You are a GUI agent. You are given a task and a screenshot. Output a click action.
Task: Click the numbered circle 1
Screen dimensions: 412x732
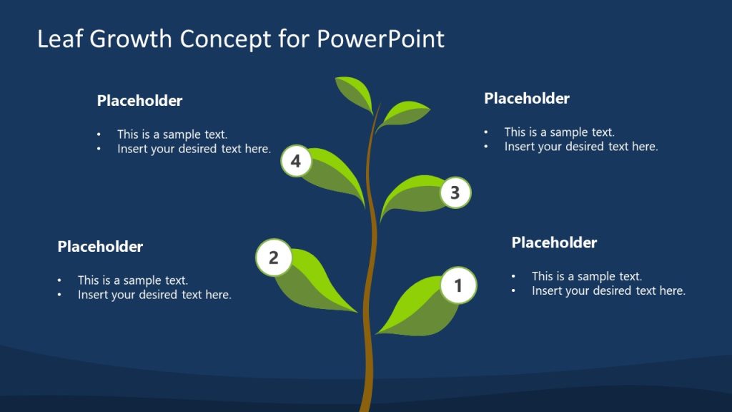[458, 285]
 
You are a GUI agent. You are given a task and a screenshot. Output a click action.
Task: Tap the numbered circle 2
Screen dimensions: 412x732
[274, 257]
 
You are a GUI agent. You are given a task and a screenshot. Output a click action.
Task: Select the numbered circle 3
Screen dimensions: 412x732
[455, 192]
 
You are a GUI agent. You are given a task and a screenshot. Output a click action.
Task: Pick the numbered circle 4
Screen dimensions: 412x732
[296, 161]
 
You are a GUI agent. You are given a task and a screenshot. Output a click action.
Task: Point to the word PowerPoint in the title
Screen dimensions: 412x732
[380, 39]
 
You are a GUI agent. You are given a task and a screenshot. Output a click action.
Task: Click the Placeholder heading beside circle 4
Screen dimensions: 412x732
[139, 101]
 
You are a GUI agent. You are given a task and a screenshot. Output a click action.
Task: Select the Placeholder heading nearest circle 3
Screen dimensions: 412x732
[527, 98]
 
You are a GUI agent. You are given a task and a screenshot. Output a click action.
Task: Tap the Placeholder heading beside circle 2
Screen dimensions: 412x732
[100, 247]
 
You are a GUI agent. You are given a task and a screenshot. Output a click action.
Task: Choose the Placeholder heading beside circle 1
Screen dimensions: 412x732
[554, 242]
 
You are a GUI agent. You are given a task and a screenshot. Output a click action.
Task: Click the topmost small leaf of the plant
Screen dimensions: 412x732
[355, 91]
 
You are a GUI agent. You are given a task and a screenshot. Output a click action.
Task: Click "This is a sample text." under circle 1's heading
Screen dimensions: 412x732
[587, 276]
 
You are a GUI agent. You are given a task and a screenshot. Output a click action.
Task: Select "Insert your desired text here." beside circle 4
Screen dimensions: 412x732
[194, 149]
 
